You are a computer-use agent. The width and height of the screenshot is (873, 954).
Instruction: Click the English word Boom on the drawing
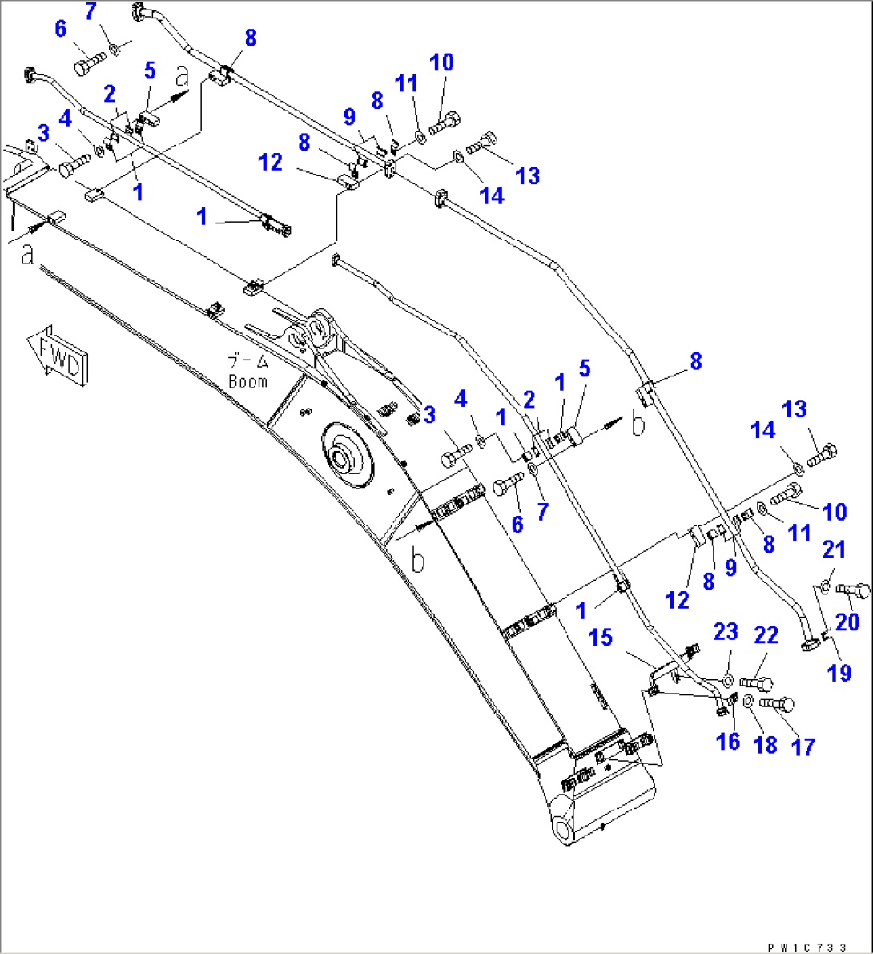247,382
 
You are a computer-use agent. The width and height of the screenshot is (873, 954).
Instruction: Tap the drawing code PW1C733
807,947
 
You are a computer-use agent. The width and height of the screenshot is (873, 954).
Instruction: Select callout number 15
601,638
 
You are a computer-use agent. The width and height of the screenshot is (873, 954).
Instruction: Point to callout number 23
726,632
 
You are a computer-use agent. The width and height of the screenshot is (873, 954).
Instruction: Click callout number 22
766,636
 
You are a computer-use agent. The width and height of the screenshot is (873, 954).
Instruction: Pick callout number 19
839,674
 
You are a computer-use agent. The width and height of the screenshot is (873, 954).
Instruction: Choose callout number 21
835,549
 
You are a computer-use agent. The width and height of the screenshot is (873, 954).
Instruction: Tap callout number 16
727,742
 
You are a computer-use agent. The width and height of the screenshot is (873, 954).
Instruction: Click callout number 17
803,747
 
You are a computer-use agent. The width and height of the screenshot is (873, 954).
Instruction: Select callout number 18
766,745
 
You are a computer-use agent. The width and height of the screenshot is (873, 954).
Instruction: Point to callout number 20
847,622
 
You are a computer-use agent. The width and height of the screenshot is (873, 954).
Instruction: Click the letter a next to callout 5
183,76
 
